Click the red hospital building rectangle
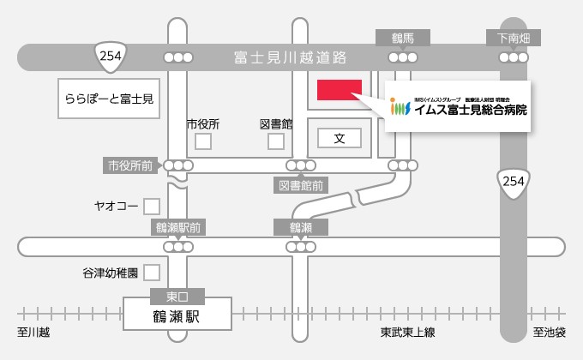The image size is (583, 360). point(340,90)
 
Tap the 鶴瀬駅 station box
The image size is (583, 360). point(177,316)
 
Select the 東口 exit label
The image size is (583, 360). point(177,297)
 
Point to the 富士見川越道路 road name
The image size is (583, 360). point(290,57)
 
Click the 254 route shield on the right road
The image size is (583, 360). point(513,182)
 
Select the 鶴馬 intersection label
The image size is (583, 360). point(402,38)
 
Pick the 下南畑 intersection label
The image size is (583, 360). point(514,38)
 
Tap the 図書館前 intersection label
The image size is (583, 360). point(301,184)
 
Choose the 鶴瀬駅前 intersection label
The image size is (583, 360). point(178,227)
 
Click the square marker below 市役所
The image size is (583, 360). point(203,141)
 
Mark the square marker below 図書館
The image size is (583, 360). point(276,141)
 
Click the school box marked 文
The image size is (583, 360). point(339,137)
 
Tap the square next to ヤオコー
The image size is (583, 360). point(152,206)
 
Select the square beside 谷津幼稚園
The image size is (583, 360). point(152,273)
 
